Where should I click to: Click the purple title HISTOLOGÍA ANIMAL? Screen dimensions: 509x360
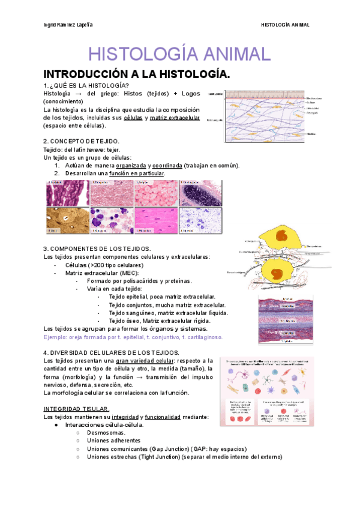(x=179, y=54)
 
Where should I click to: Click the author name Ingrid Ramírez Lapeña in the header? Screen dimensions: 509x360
(x=68, y=25)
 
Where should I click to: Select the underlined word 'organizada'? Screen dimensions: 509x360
(x=133, y=166)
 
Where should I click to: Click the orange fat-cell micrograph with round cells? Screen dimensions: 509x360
(x=155, y=193)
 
